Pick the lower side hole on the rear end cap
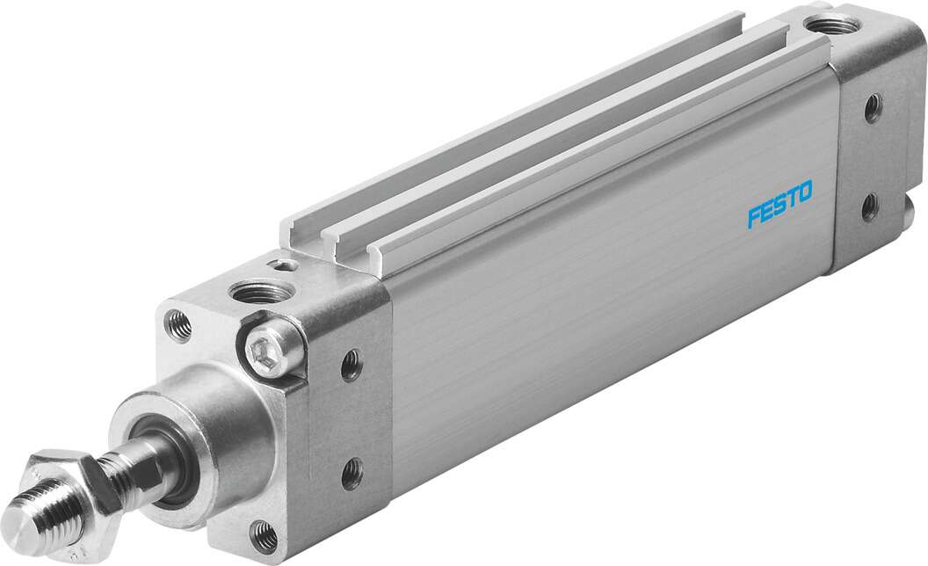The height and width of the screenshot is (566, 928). pos(869,206)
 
